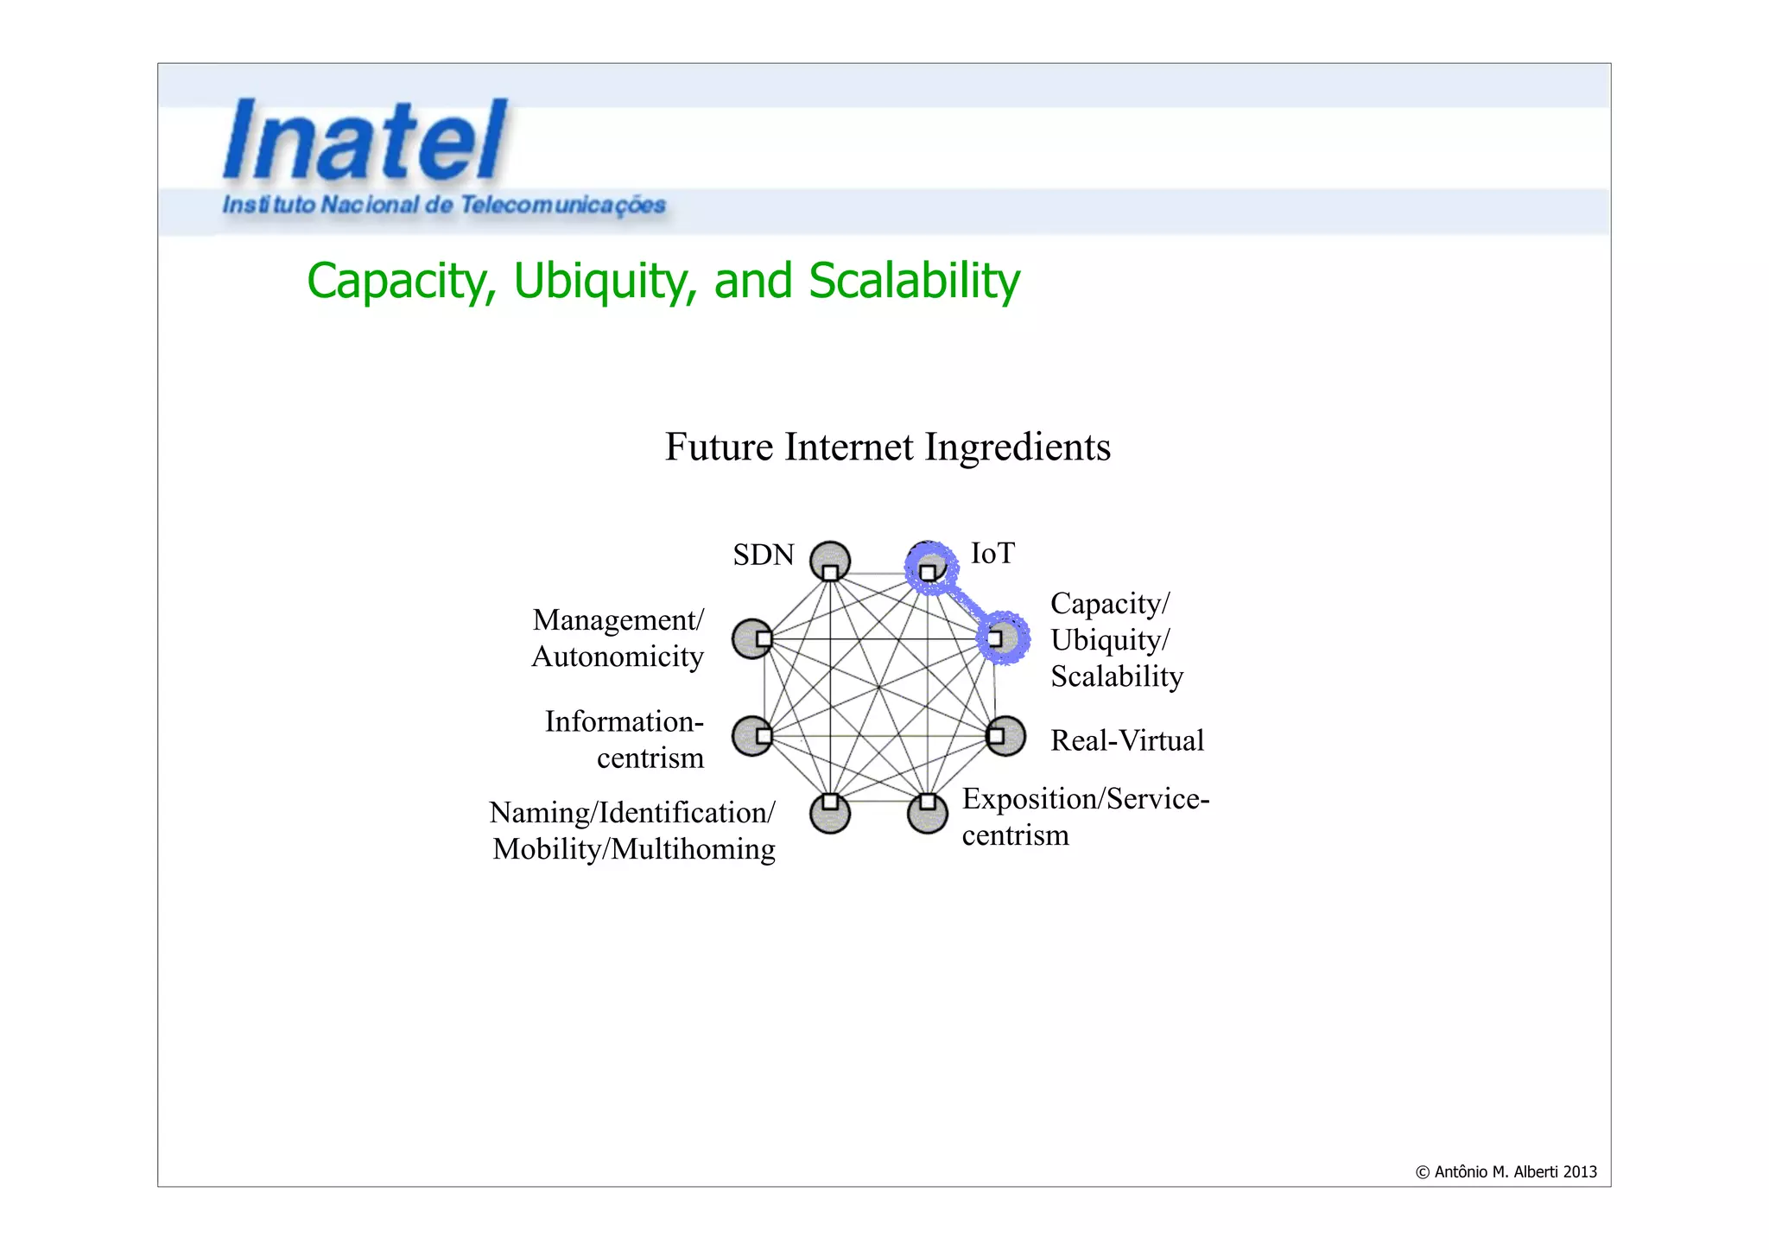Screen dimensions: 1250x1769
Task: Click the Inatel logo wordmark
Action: pos(365,141)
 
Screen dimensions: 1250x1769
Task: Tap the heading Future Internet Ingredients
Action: pos(887,447)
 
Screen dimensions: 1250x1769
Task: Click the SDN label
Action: pos(763,555)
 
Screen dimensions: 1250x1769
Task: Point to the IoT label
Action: pos(992,553)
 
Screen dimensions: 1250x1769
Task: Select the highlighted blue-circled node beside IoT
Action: pos(930,568)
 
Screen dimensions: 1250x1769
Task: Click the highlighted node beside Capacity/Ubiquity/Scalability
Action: pos(1003,638)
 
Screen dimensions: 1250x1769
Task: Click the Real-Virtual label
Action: pos(1126,740)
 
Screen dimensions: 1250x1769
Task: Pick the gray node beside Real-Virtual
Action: pos(1005,736)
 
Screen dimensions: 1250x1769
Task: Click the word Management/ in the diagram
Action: pos(618,620)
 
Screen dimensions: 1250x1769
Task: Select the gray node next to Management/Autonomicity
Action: pos(752,638)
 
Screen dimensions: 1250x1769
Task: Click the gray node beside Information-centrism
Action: pos(752,736)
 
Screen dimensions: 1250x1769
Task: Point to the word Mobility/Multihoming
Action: pos(633,849)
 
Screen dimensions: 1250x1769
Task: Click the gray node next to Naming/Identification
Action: pos(830,812)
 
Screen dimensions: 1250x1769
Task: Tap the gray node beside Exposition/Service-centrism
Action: pos(928,812)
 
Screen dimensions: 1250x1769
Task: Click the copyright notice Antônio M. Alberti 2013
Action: pos(1506,1172)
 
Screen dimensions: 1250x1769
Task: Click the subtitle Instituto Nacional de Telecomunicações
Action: pos(444,206)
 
